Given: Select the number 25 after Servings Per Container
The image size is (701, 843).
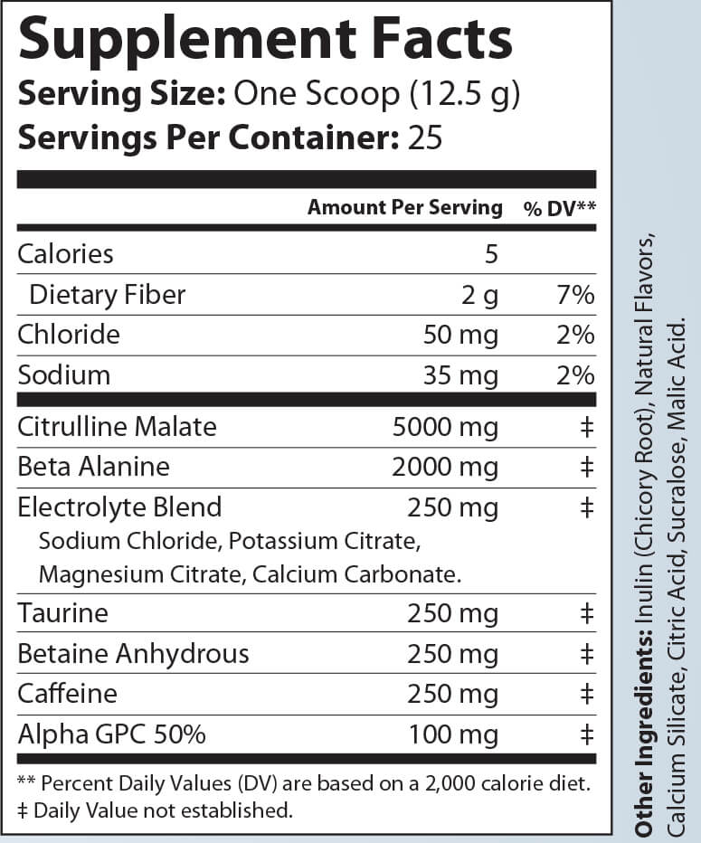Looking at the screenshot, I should (427, 137).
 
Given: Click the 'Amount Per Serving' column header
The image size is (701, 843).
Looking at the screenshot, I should (404, 207).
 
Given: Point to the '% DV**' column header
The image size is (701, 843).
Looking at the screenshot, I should (559, 208).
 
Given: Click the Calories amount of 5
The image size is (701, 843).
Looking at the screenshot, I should (491, 253).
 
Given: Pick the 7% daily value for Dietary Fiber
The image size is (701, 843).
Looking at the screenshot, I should (575, 294).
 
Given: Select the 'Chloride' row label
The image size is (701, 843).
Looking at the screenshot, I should (69, 335).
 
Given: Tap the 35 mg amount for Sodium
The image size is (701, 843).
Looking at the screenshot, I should (460, 374).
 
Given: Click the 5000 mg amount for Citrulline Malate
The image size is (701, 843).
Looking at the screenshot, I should (445, 426).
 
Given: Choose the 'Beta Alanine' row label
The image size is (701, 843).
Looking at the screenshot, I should (93, 466).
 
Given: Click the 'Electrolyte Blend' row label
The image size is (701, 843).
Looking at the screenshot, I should (119, 507).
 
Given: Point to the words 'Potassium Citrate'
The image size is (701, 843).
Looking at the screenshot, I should (324, 541).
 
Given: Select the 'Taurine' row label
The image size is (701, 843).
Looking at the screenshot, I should (62, 613).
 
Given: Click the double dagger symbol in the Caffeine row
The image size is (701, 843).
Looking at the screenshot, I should (586, 694).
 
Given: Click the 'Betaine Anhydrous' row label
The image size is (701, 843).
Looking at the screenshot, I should (133, 653).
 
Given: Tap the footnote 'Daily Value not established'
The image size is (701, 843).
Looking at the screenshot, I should (162, 810).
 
